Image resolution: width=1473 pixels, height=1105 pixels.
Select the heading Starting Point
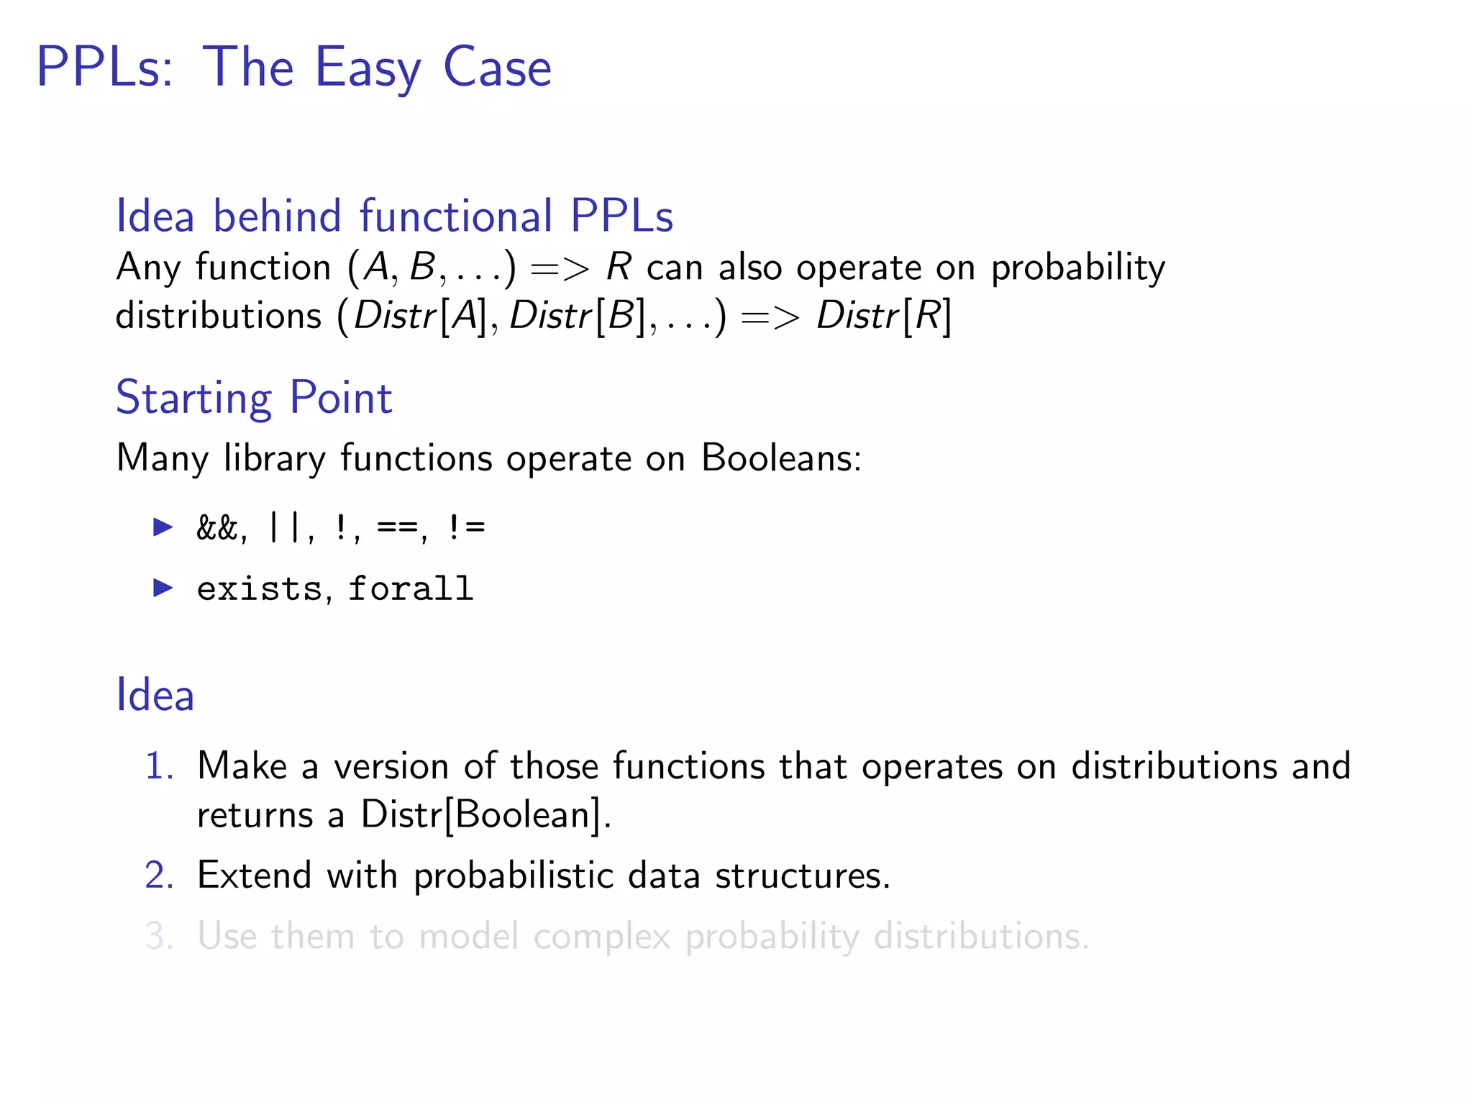254,397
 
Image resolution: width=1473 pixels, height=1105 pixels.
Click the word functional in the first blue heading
456,216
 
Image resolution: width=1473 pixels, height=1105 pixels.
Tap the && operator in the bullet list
216,528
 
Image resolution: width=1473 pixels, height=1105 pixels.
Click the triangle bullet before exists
163,588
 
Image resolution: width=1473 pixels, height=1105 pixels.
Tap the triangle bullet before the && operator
163,527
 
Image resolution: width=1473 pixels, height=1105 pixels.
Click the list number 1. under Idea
159,765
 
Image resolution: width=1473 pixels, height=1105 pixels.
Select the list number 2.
159,876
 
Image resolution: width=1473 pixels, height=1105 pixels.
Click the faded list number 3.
159,937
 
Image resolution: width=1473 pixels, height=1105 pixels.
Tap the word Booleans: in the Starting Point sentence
781,458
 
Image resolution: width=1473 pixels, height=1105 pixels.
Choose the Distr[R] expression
884,316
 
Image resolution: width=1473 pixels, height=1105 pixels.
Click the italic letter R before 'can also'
619,267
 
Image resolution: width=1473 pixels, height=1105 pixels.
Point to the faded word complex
601,937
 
